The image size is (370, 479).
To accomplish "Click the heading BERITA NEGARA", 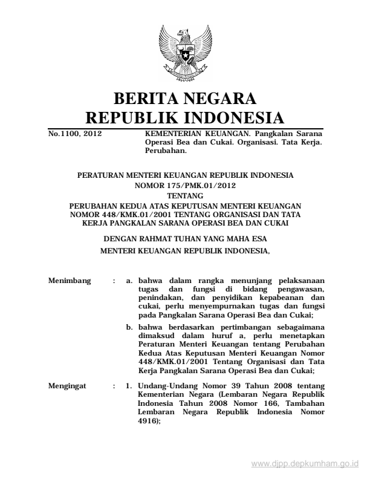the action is coord(185,98).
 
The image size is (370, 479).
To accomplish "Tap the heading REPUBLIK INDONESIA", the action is coord(185,117).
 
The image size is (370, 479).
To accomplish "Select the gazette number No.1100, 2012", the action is coord(74,132).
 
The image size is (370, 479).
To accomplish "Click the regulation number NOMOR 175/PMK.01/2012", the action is coord(185,185).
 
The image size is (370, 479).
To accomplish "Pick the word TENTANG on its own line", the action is coord(185,195).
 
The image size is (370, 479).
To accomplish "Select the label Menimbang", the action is coord(68,281).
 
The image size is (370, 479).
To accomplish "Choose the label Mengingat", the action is coord(67,385).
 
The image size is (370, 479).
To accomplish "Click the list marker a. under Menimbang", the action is coord(129,281).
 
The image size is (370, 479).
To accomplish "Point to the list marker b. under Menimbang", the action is coord(129,327).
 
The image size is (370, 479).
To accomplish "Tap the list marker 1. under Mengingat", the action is coord(129,385).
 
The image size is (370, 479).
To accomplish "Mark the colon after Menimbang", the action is coord(114,281).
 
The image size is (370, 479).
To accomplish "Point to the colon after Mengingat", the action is coord(114,385).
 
